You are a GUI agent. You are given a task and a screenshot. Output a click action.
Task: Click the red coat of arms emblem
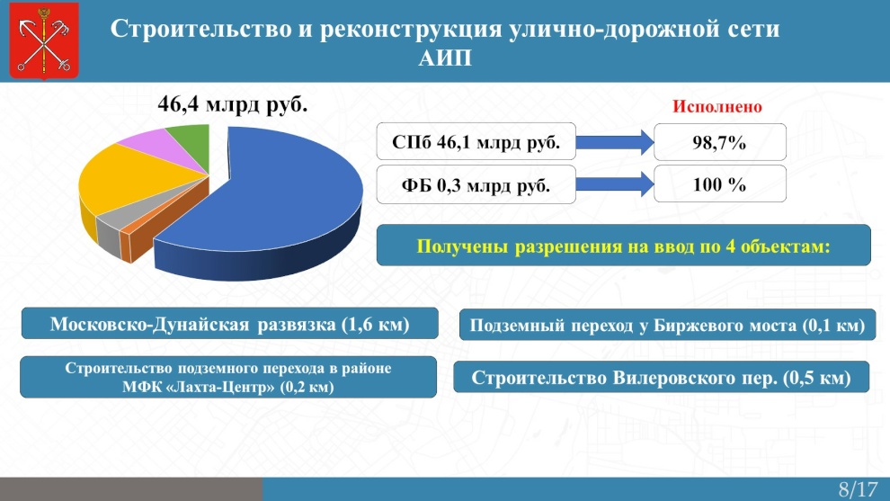click(x=44, y=40)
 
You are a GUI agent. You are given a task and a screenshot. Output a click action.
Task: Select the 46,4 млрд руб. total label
click(x=233, y=104)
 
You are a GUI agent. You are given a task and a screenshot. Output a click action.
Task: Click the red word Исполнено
click(x=716, y=107)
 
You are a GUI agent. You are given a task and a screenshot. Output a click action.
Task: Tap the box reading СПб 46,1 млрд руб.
click(x=476, y=141)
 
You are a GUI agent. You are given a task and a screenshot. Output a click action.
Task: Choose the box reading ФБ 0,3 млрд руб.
click(x=476, y=184)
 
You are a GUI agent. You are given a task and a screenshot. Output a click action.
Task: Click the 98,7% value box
click(x=720, y=142)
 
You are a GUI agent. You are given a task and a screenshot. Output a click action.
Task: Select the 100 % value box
click(x=720, y=184)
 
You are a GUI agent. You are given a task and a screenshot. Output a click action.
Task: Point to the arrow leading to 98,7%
click(x=615, y=142)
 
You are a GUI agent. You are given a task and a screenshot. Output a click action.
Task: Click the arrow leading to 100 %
click(x=615, y=184)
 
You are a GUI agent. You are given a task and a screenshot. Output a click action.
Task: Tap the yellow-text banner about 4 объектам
click(x=623, y=246)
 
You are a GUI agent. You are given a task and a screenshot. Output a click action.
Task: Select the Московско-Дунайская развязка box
click(x=230, y=324)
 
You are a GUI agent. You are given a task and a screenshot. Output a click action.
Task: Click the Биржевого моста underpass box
click(x=667, y=325)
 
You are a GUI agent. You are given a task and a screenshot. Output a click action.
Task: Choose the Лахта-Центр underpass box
click(x=228, y=377)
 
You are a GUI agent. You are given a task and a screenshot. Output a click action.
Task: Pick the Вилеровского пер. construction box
click(x=662, y=377)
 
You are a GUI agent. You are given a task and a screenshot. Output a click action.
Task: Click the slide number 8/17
click(x=858, y=489)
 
